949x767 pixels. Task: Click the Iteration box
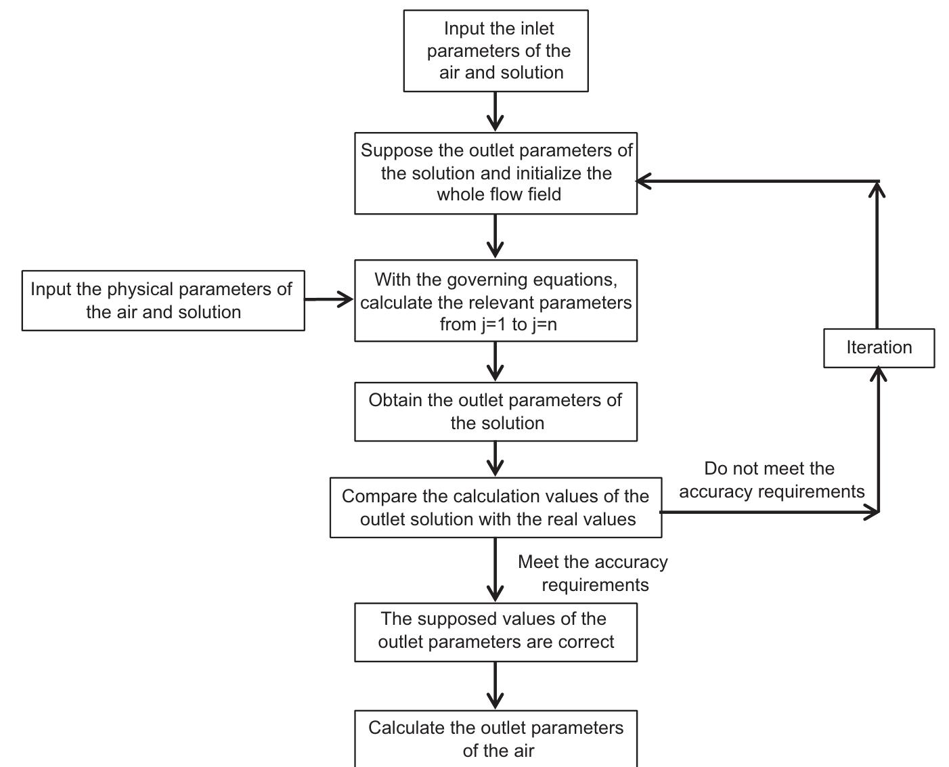coord(879,348)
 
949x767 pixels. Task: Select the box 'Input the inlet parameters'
coord(495,51)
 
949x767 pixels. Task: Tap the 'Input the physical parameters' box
coord(163,301)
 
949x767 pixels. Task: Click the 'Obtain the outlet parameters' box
coord(495,412)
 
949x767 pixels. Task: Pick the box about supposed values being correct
coord(495,632)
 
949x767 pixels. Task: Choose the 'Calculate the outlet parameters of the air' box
coord(495,739)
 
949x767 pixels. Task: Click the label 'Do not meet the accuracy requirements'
coord(771,480)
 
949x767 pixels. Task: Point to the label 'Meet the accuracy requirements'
coord(593,573)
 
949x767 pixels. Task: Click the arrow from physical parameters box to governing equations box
coord(329,299)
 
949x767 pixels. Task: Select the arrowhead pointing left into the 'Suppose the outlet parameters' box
coord(643,181)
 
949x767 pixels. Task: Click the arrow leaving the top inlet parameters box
coord(495,112)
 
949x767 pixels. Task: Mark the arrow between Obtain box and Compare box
coord(495,459)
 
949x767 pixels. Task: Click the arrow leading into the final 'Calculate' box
coord(495,686)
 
